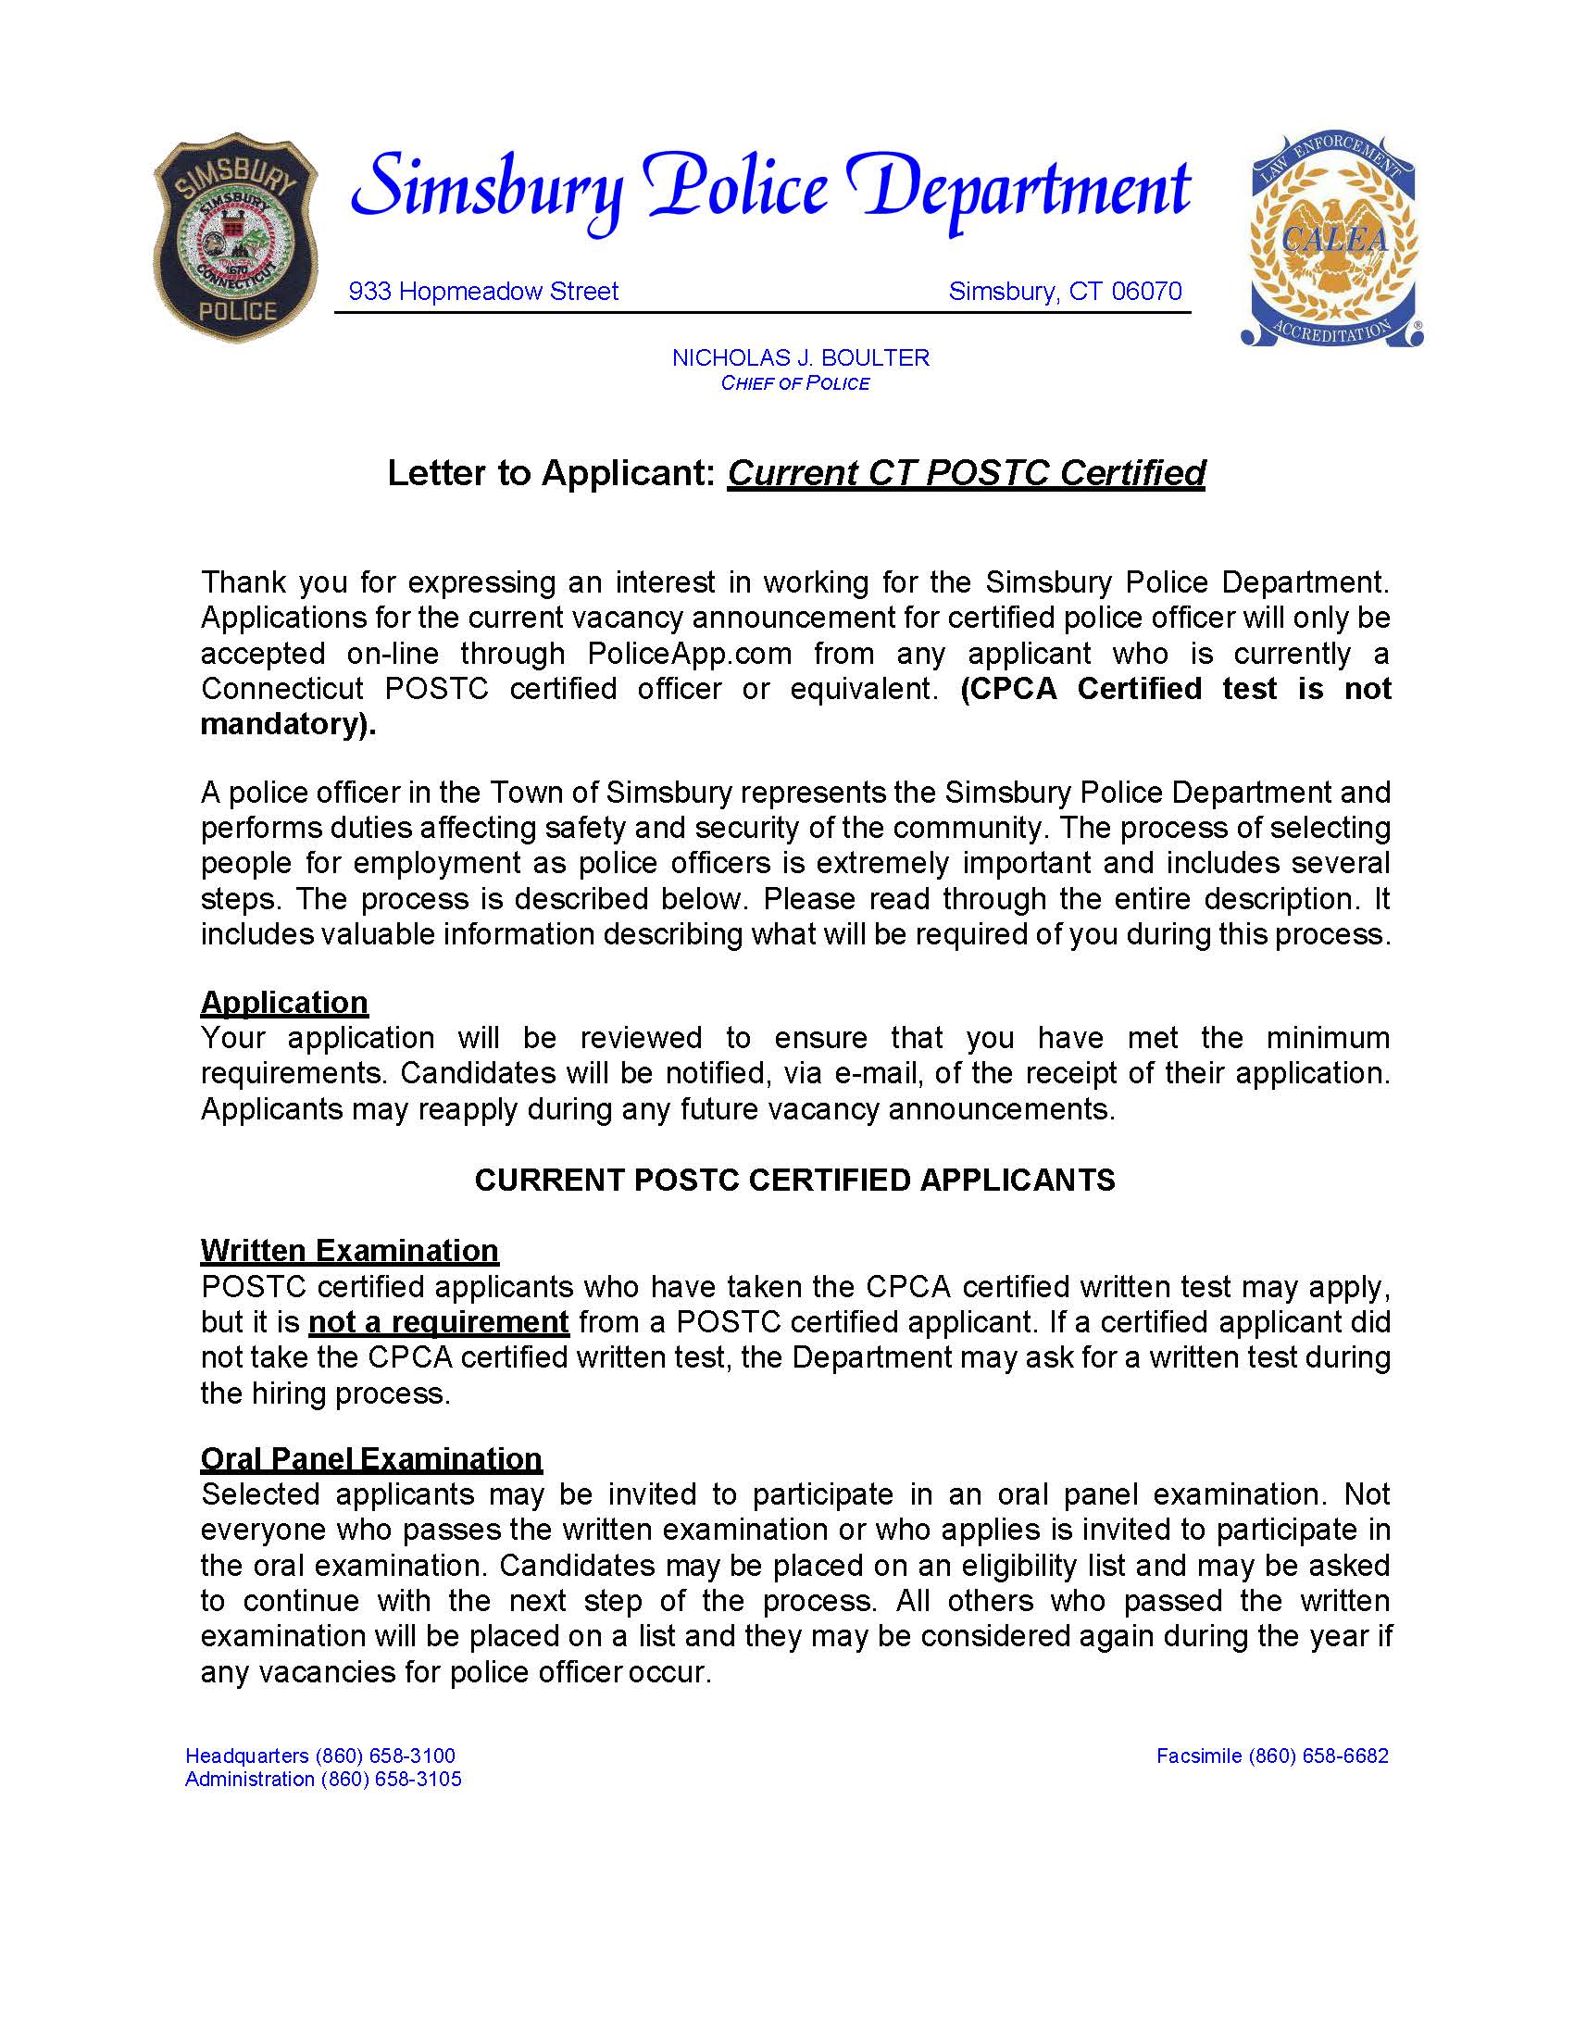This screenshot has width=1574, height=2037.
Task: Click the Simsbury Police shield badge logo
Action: tap(235, 239)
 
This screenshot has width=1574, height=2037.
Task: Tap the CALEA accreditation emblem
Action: tap(1332, 239)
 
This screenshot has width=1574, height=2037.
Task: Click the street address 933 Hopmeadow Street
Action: tap(483, 292)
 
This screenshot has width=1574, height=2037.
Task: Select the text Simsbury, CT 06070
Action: tap(1065, 292)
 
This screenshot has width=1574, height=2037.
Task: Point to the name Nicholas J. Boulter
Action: tap(800, 358)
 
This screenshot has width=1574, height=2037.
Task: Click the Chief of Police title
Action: tap(794, 383)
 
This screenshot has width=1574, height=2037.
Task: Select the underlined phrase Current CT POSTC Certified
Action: tap(966, 473)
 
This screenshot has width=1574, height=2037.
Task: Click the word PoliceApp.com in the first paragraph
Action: tap(689, 654)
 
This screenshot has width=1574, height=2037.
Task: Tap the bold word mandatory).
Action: tap(288, 725)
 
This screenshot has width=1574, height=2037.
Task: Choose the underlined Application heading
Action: tap(284, 1003)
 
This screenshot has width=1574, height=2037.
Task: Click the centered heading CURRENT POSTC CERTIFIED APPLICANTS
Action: tap(794, 1181)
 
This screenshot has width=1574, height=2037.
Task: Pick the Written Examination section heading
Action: tap(350, 1251)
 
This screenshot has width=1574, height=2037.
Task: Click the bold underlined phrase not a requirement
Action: tap(438, 1322)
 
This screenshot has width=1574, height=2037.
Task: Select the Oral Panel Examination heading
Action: tap(371, 1458)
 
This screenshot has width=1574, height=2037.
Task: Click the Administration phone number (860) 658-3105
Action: tap(391, 1780)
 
